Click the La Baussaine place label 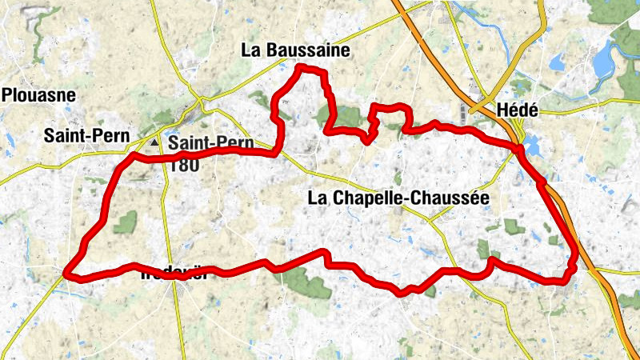click(295, 50)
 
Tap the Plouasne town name click(38, 96)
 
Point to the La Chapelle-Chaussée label click(398, 197)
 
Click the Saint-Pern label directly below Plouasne click(87, 137)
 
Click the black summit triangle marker click(154, 142)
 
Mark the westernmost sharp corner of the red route click(67, 273)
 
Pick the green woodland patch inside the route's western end click(125, 223)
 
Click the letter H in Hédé click(502, 110)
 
